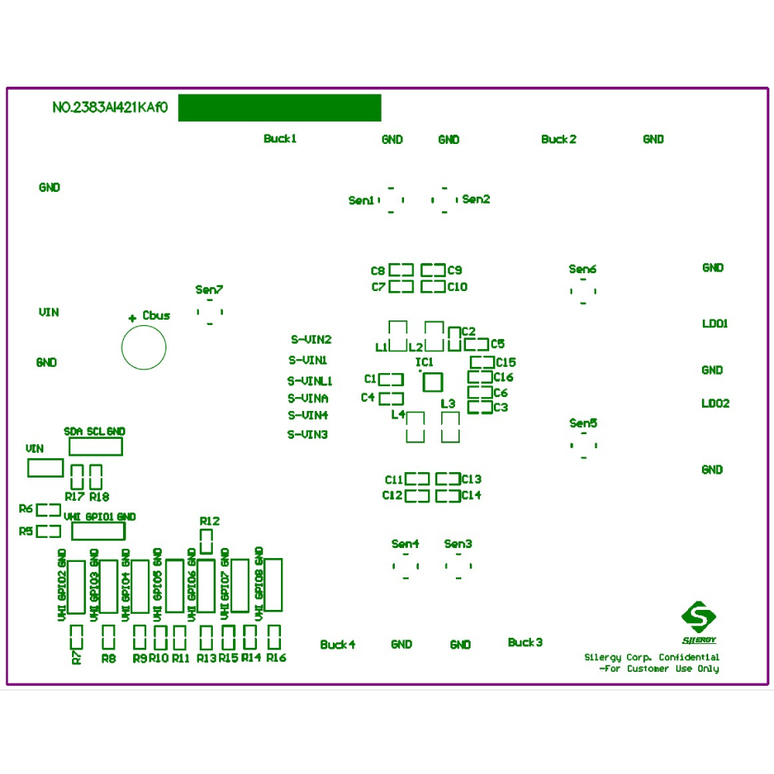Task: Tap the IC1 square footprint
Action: pyautogui.click(x=431, y=382)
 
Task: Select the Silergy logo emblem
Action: pyautogui.click(x=699, y=618)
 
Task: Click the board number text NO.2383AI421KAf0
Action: pyautogui.click(x=110, y=108)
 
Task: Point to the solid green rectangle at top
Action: pyautogui.click(x=279, y=108)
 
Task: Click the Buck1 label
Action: pyautogui.click(x=280, y=139)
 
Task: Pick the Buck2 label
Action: pyautogui.click(x=558, y=139)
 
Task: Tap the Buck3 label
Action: pyautogui.click(x=525, y=642)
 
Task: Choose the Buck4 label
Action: pyautogui.click(x=337, y=644)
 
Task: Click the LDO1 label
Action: pyautogui.click(x=714, y=324)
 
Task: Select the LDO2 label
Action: pyautogui.click(x=715, y=403)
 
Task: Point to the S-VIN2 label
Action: pyautogui.click(x=311, y=339)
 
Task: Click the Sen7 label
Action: pyautogui.click(x=209, y=289)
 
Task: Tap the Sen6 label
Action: pyautogui.click(x=582, y=269)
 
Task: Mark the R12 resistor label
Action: pyautogui.click(x=209, y=521)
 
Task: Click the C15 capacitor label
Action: pyautogui.click(x=505, y=362)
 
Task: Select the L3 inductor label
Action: pyautogui.click(x=448, y=404)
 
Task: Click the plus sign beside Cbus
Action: pyautogui.click(x=132, y=317)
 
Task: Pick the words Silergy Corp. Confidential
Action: pyautogui.click(x=652, y=657)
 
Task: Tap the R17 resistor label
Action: pyautogui.click(x=75, y=496)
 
